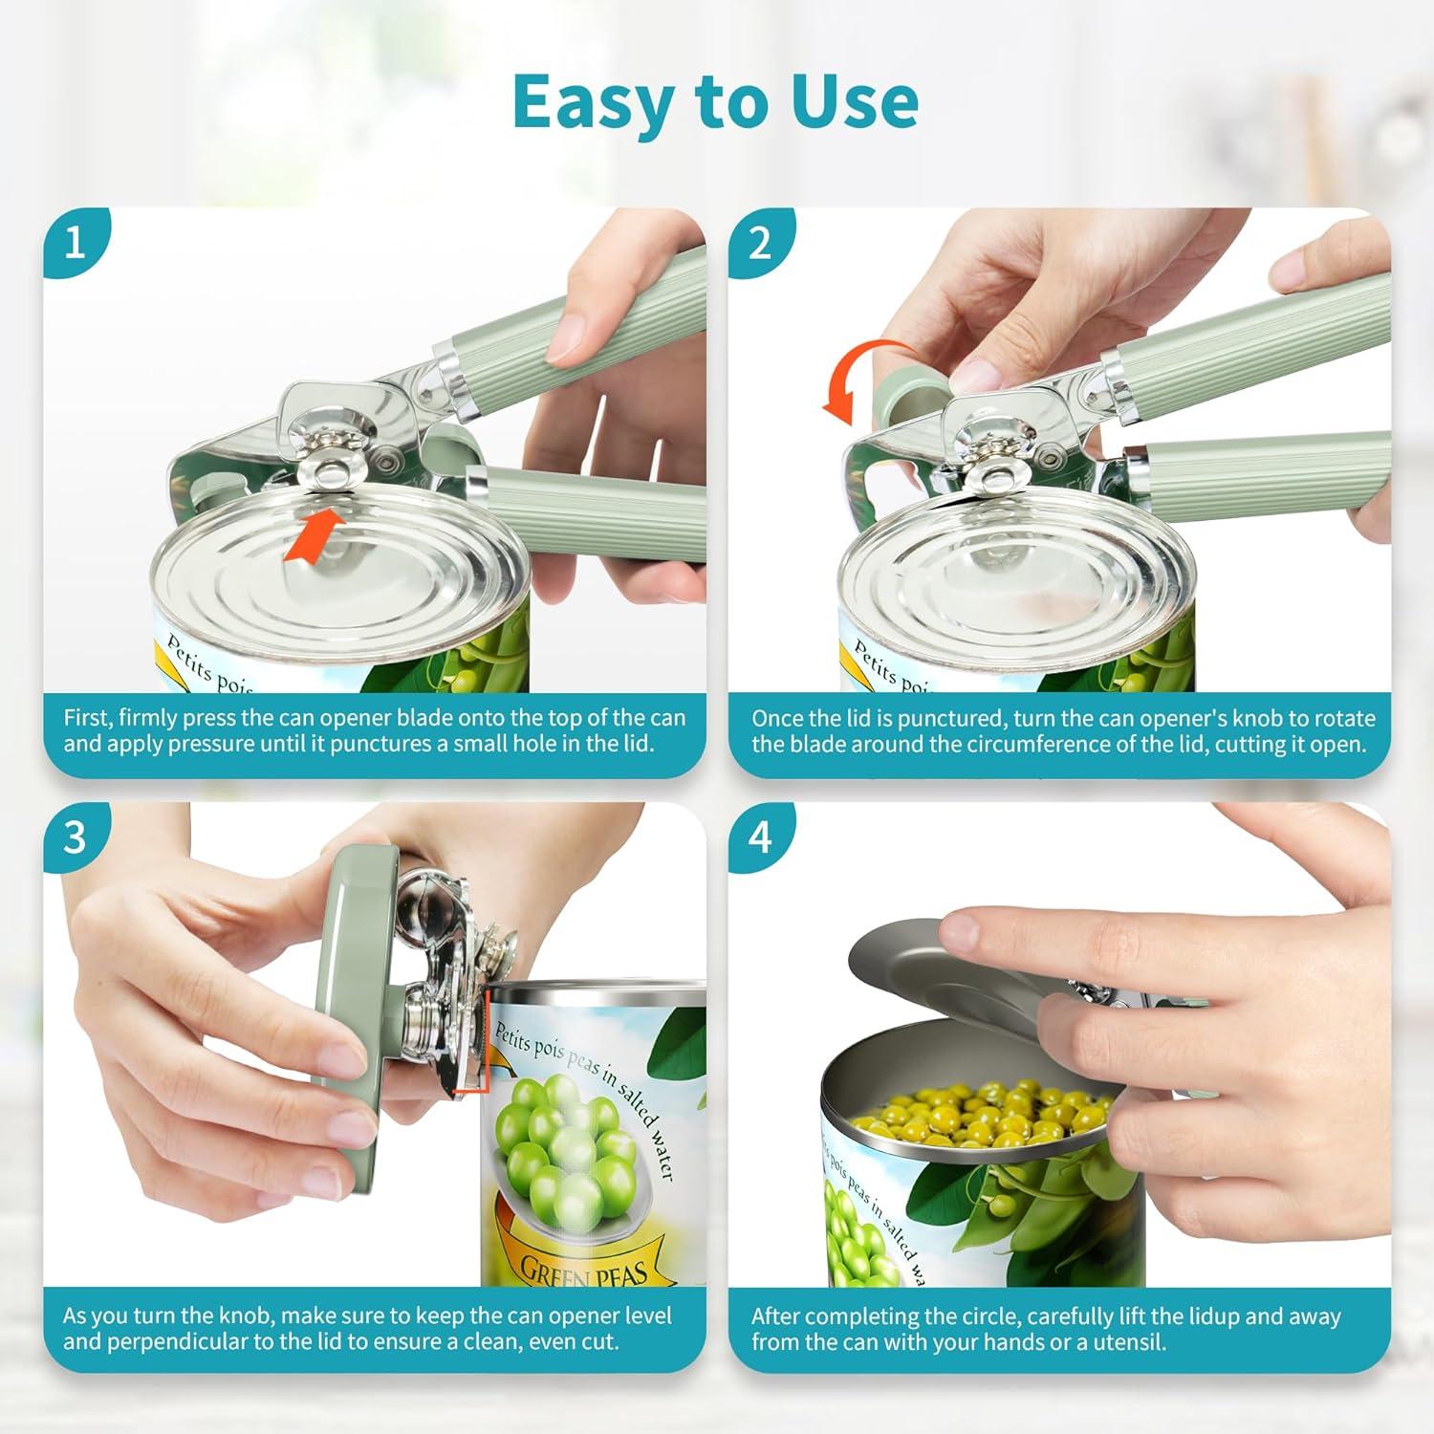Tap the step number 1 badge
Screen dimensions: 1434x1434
(x=76, y=243)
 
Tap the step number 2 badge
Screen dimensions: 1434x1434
(x=760, y=243)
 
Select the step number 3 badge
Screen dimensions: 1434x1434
(x=76, y=837)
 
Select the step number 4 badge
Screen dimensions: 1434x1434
(x=760, y=837)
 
